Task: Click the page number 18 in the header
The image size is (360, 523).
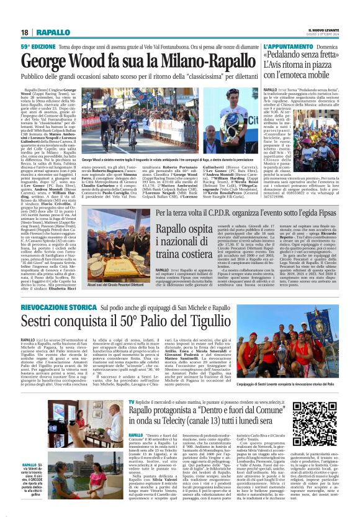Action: click(24, 32)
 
